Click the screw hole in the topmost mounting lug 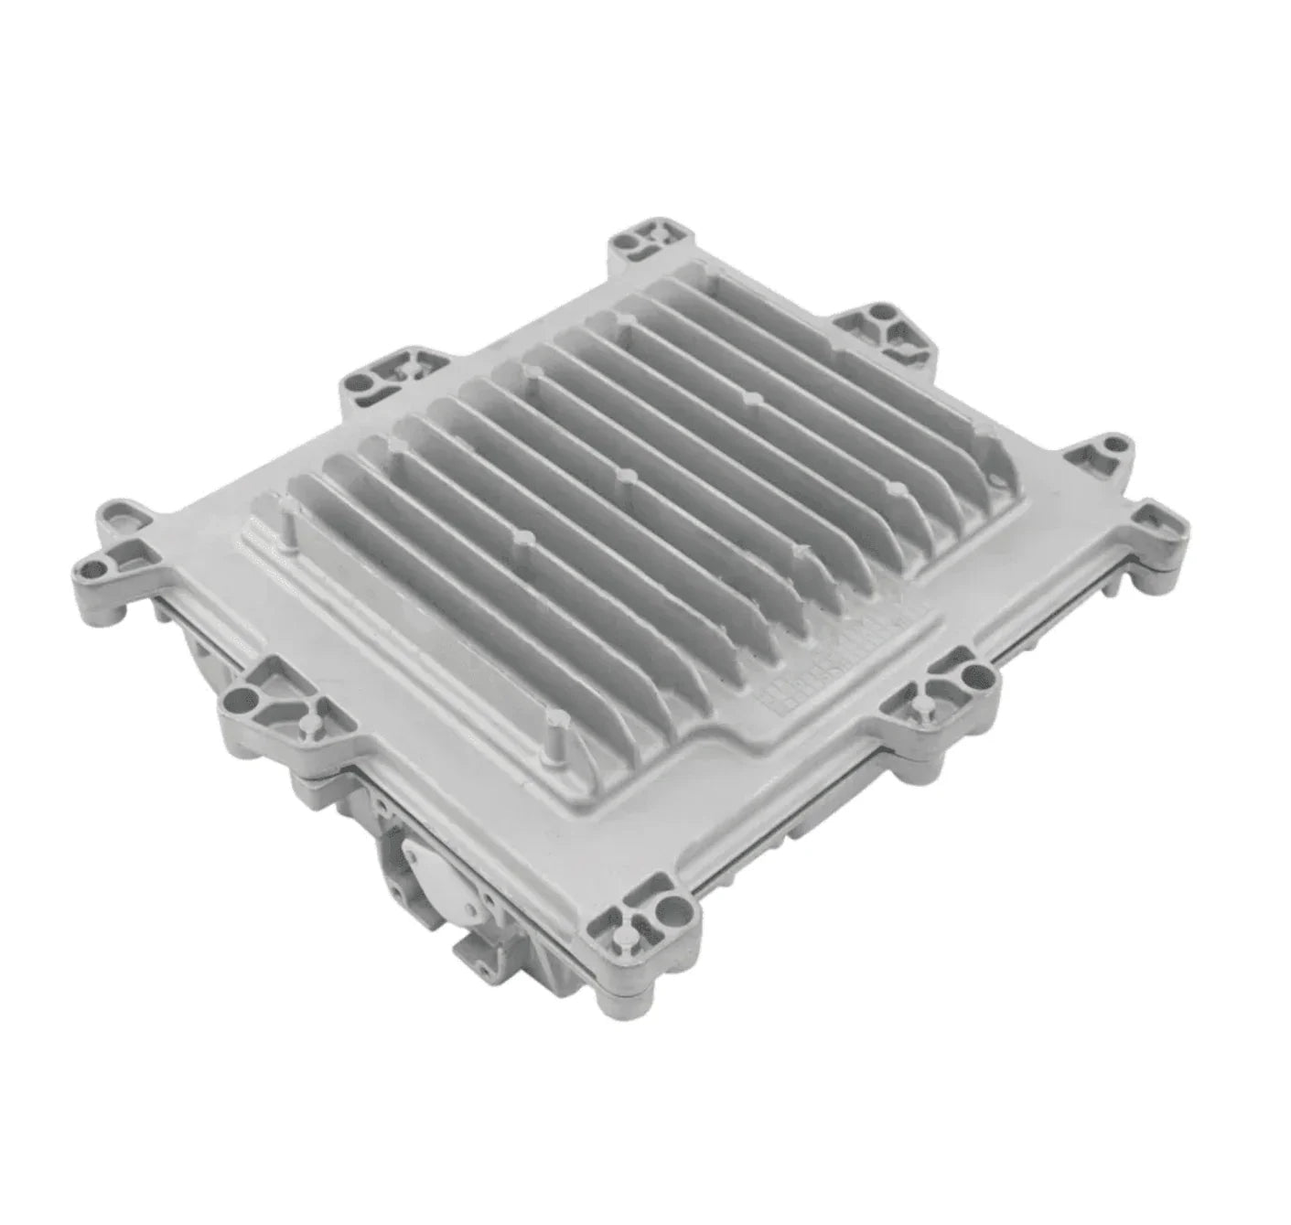tap(627, 242)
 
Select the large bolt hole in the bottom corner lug tap(675, 908)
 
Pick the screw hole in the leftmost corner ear tap(91, 559)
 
